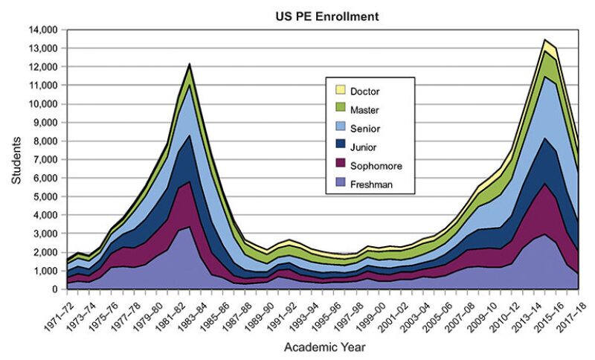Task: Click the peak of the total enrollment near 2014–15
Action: (x=544, y=40)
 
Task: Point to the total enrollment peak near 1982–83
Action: (x=189, y=64)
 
